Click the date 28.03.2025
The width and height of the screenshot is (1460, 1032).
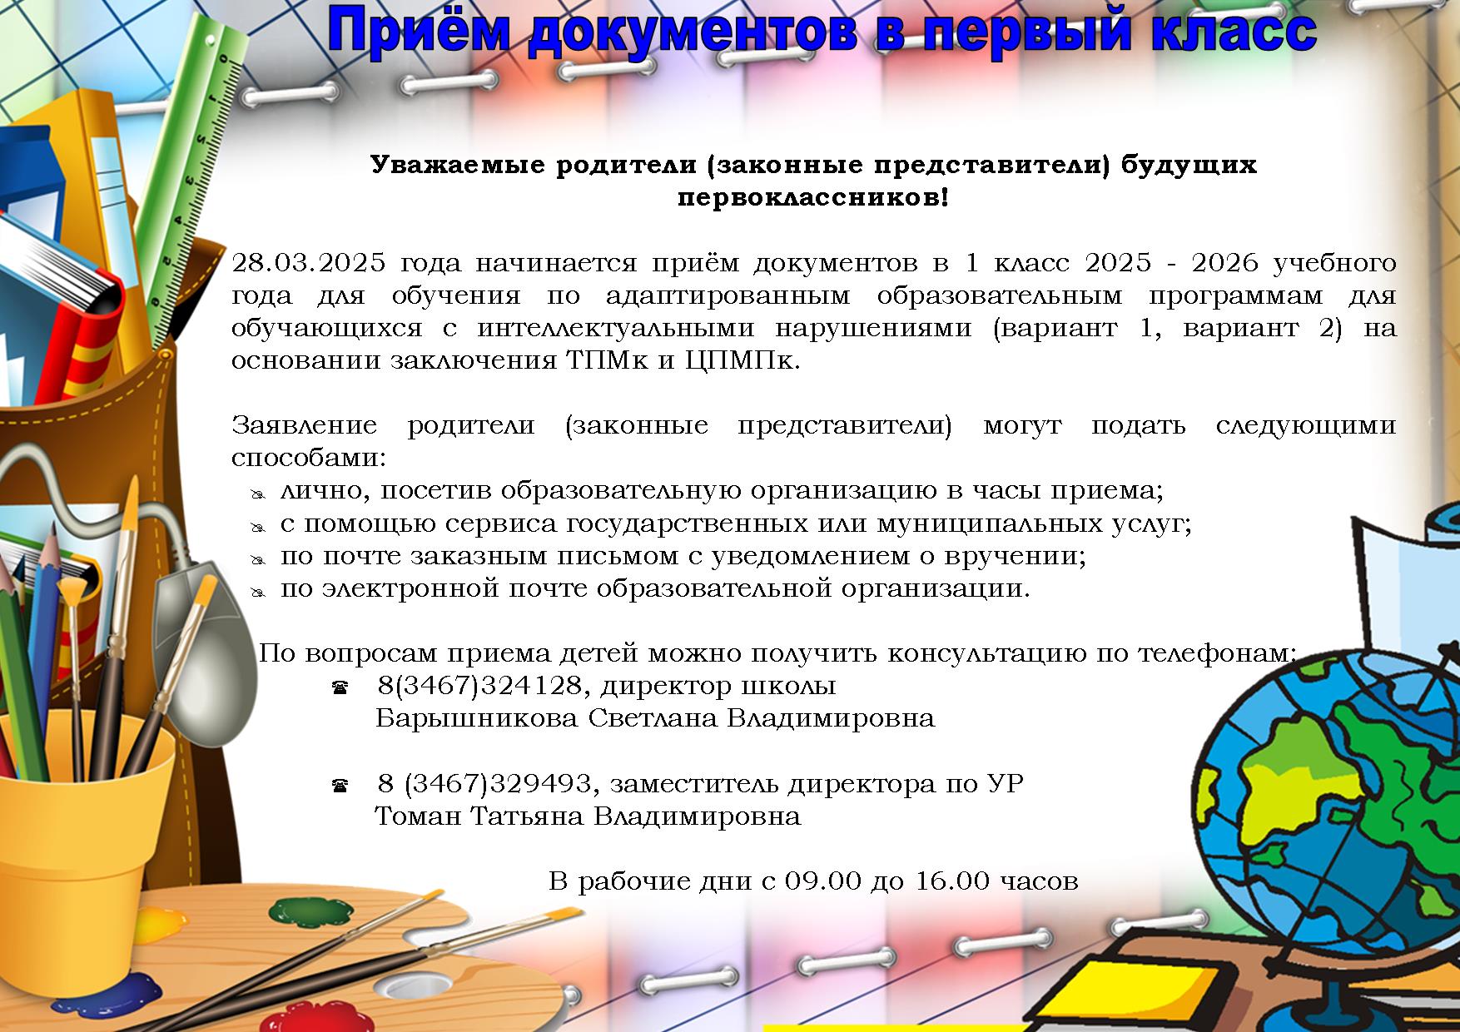[x=309, y=264]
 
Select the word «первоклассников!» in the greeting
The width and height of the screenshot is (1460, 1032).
[x=812, y=199]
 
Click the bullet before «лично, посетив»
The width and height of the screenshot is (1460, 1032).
[x=258, y=494]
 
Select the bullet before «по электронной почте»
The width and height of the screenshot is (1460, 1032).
[x=258, y=592]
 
